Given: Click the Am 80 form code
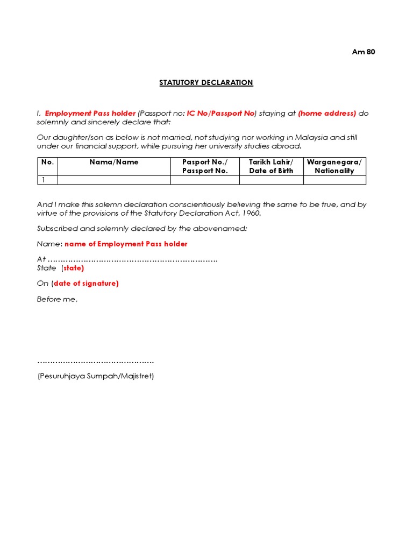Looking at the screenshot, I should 364,52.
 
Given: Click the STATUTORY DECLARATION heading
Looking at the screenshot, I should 206,83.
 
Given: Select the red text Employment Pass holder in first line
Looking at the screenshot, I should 90,114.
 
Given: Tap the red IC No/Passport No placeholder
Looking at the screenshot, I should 220,114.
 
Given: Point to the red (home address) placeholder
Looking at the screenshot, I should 327,114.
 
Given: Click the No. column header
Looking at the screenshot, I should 47,162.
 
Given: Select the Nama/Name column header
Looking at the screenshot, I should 114,162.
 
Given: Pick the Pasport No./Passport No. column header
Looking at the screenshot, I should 205,166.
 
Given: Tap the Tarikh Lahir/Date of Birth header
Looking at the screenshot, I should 271,166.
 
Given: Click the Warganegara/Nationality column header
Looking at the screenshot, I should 334,166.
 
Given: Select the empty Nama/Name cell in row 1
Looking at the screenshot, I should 114,180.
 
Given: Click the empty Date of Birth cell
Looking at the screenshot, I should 271,180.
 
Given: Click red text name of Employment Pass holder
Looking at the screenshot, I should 126,244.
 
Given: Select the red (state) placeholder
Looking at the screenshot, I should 74,268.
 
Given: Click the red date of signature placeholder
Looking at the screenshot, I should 86,284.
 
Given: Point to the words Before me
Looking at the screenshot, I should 57,299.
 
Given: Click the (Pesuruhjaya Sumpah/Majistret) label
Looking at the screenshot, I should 96,377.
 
